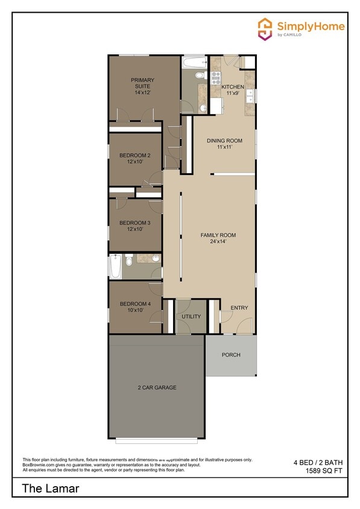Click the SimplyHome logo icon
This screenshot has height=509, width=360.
coord(265,28)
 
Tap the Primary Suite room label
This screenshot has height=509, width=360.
coord(142,86)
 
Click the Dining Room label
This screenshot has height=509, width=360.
coord(224,144)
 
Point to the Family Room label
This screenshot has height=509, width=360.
coord(218,238)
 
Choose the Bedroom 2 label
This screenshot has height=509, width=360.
coord(134,159)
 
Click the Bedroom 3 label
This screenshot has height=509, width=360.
coord(134,226)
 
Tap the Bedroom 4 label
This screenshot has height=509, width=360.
coord(134,306)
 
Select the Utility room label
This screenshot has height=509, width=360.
coord(191,317)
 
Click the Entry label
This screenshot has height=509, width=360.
coord(239,308)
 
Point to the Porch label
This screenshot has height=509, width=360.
coord(231,355)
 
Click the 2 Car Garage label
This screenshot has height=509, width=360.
coord(156,387)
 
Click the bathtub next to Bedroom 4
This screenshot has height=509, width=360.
coord(115,266)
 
